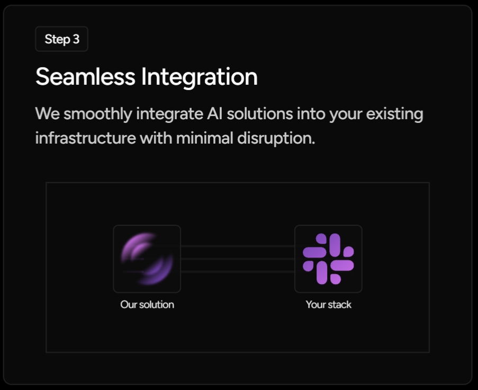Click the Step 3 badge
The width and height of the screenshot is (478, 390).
(61, 39)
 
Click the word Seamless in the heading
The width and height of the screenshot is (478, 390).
(85, 77)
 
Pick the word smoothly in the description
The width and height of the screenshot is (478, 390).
(98, 114)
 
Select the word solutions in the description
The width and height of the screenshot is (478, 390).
(259, 114)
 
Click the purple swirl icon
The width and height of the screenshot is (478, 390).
(147, 259)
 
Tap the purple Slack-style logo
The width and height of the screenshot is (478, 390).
(328, 259)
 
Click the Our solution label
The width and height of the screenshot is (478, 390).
(147, 305)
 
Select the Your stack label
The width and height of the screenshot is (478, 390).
(328, 305)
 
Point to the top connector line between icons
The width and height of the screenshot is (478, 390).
(237, 246)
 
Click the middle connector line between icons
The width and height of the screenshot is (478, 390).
(237, 259)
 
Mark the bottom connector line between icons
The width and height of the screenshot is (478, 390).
(237, 271)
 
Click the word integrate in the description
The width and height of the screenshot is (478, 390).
(168, 114)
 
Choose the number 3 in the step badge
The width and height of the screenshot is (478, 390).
(76, 39)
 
